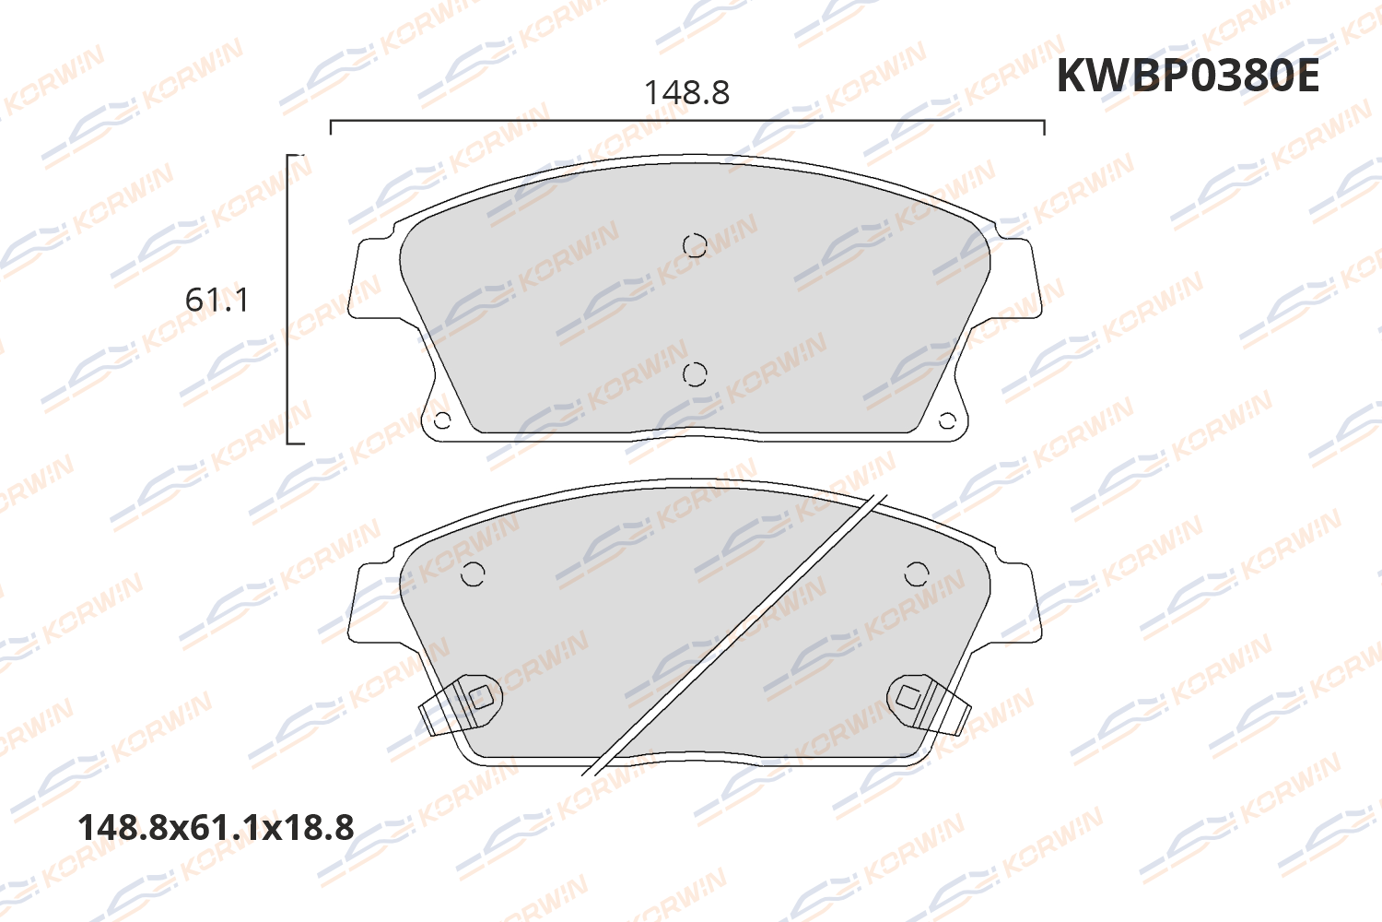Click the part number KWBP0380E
(1188, 76)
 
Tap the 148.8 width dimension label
(686, 93)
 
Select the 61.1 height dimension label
(217, 301)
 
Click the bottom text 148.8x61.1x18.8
(216, 828)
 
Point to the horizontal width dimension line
(686, 121)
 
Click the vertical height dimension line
(288, 300)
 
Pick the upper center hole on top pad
(695, 245)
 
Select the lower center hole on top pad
(695, 374)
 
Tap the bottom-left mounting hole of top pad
(442, 421)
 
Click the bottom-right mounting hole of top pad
(947, 421)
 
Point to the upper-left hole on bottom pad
(473, 574)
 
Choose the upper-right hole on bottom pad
(917, 574)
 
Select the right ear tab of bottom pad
(1017, 604)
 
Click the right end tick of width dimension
(1044, 127)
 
